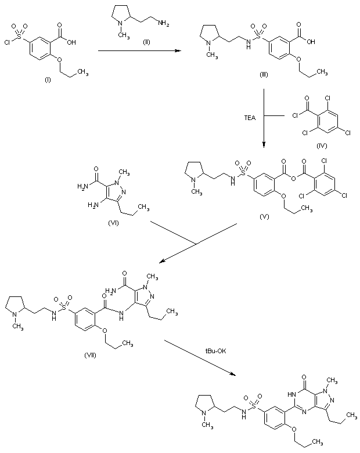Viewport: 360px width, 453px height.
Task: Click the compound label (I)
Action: (x=48, y=79)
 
